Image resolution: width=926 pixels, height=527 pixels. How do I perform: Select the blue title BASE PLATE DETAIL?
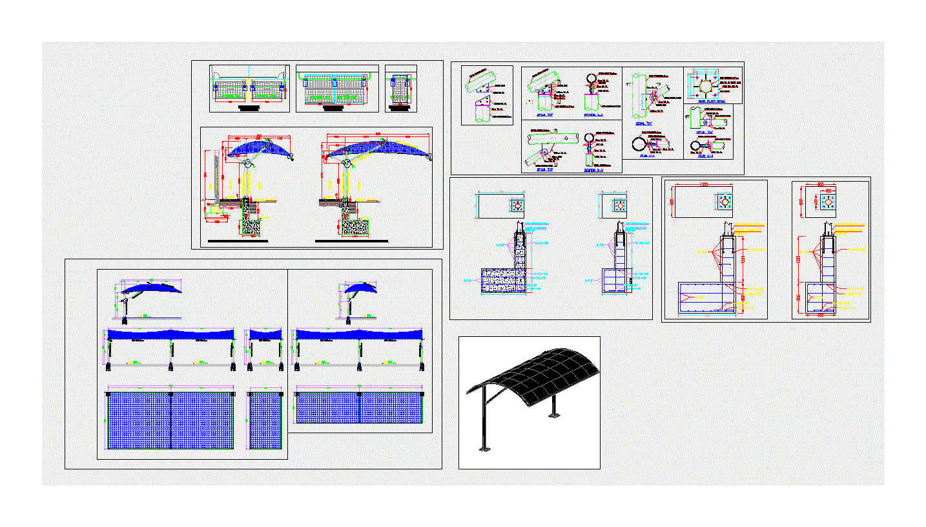[712, 101]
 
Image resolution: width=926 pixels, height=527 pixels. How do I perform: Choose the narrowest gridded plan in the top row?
[400, 89]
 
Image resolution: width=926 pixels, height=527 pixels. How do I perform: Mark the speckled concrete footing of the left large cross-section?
[252, 226]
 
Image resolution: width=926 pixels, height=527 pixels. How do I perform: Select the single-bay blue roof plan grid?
[265, 420]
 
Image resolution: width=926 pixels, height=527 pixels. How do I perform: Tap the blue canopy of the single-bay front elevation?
[265, 334]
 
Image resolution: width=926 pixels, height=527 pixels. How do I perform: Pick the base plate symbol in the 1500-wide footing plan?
[725, 202]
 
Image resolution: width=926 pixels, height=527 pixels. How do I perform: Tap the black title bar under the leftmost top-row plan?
[249, 109]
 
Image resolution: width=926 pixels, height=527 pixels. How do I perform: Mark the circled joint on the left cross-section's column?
[247, 164]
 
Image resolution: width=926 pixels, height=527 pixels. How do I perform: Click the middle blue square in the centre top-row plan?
[334, 82]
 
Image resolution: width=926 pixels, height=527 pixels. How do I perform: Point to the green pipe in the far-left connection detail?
[481, 81]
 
